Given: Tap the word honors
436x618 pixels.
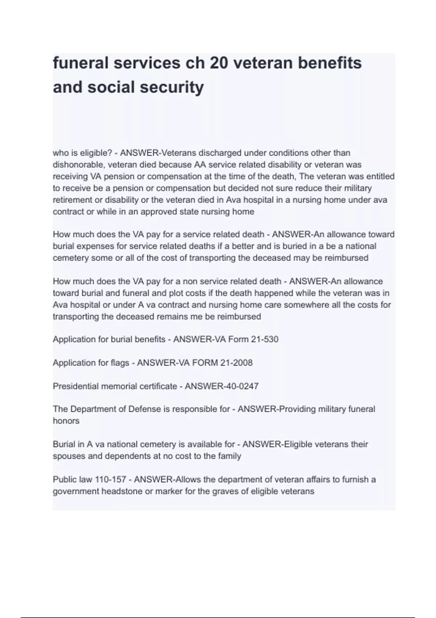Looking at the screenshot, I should coord(66,421).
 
